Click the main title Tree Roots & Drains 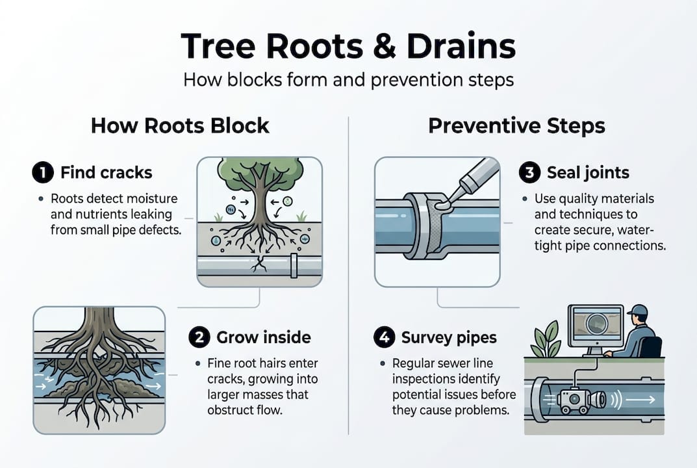pos(348,47)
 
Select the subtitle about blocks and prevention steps pos(348,80)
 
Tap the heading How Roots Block pos(180,125)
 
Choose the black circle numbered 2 pos(199,337)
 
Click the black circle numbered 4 pos(383,337)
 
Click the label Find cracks pos(106,172)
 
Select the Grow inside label pos(263,337)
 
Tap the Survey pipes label pos(448,337)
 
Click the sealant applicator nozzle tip pos(444,203)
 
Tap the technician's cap pos(638,310)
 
